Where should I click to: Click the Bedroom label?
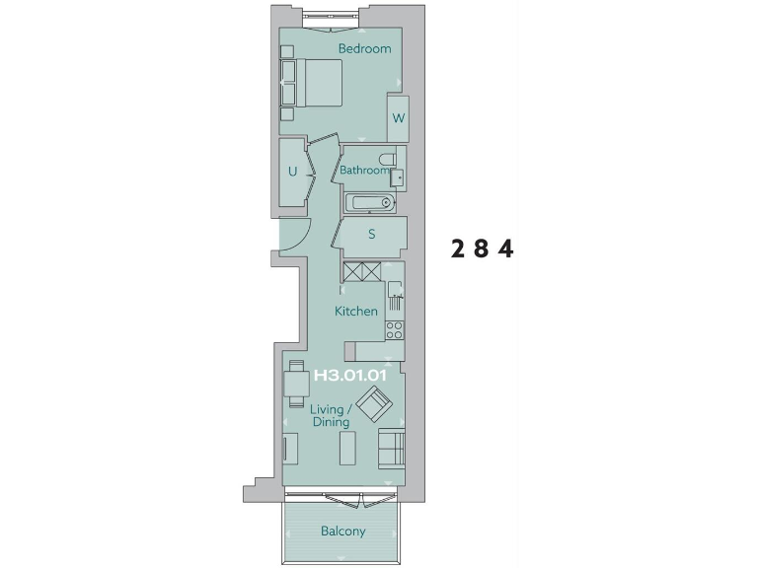(364, 48)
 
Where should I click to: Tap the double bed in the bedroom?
(314, 83)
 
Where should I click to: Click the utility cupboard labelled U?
(292, 172)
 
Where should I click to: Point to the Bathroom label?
(365, 171)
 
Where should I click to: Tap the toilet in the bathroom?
(387, 158)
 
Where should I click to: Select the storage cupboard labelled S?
(372, 235)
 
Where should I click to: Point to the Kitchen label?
(356, 312)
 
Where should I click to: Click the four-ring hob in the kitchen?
(394, 329)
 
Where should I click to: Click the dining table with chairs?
(295, 384)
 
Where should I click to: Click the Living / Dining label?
(328, 415)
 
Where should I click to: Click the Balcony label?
(342, 532)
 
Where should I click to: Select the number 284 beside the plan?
(483, 248)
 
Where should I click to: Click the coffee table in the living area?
(346, 449)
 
